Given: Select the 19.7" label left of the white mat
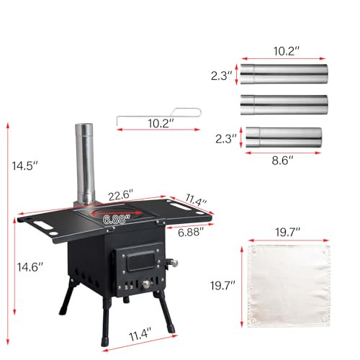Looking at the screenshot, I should point(224,286).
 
